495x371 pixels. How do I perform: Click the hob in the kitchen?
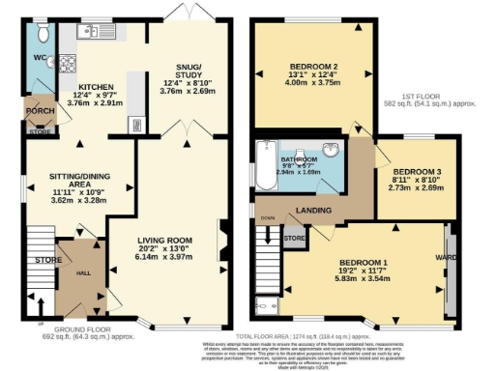(x=70, y=65)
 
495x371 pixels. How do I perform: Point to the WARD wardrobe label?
(x=446, y=258)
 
